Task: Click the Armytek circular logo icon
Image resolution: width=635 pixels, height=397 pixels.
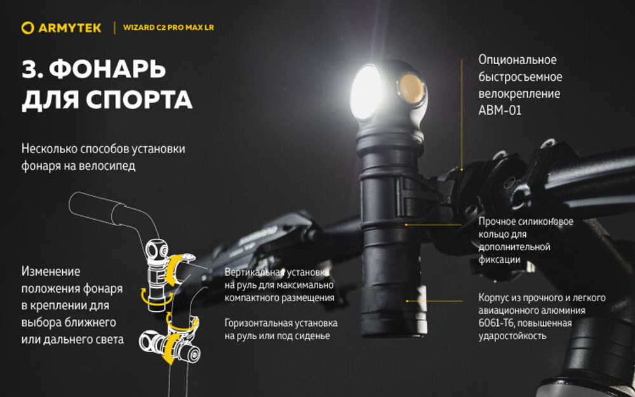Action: [27, 27]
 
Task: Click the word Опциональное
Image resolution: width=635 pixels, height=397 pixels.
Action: [517, 60]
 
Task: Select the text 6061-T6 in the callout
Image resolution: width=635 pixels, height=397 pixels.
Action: [498, 323]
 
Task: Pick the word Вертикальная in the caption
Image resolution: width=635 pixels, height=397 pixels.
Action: [253, 272]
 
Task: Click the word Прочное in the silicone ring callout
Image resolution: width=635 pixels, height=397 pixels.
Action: [496, 222]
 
